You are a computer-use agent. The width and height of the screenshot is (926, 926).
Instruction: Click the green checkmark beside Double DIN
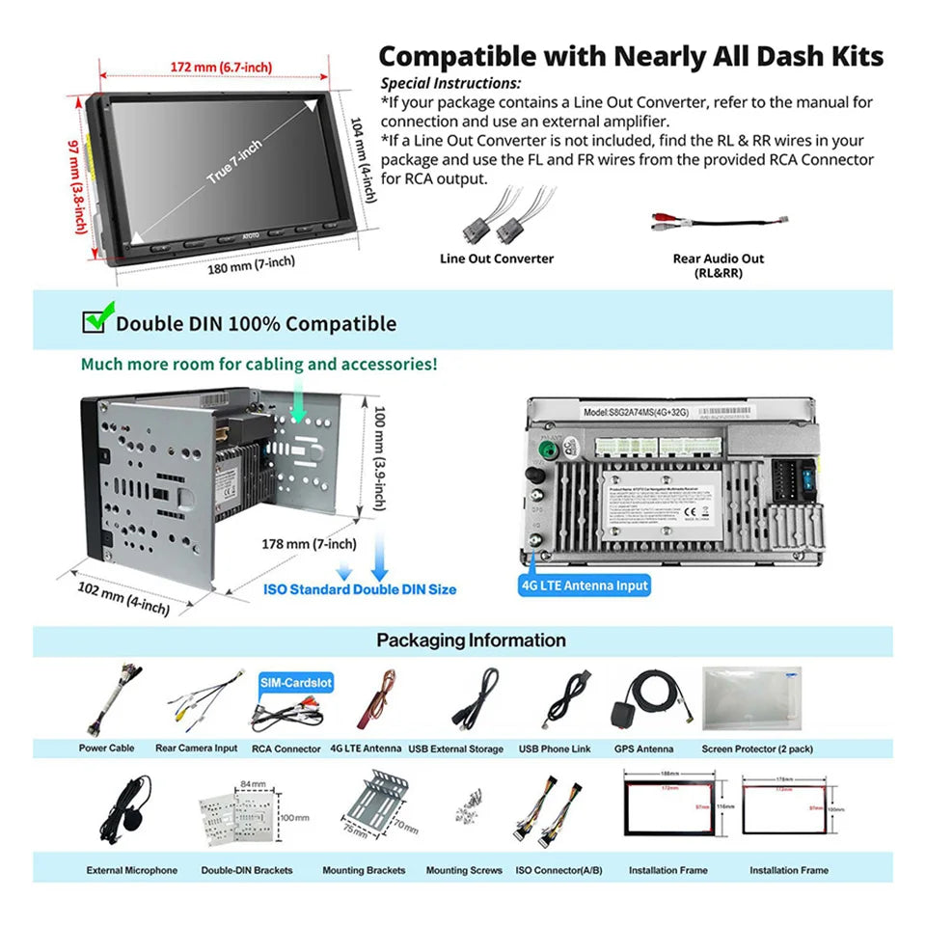[x=95, y=320]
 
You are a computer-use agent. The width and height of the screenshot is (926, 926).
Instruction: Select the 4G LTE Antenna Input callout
[x=585, y=586]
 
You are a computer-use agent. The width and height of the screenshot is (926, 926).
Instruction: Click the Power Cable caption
[x=107, y=749]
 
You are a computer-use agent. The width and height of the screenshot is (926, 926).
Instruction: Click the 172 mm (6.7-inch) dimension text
[x=221, y=67]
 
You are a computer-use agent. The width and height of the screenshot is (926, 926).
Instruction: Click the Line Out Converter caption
[x=497, y=259]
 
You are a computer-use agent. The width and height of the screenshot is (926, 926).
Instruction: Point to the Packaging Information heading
[x=471, y=640]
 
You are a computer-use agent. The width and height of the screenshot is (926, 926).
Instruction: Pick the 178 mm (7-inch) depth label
[x=309, y=544]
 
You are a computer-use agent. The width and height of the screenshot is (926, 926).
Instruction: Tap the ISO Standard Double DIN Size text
[x=360, y=589]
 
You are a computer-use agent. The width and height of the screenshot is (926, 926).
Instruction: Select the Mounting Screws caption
[x=464, y=870]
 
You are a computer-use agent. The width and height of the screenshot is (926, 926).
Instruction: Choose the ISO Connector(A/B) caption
[x=558, y=870]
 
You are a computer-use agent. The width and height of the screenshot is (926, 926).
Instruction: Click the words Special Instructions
[x=450, y=84]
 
